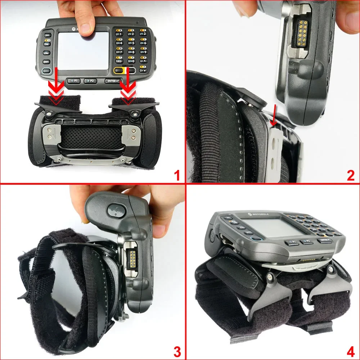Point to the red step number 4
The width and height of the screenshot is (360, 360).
(x=351, y=351)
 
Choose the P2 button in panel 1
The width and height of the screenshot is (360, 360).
(x=91, y=81)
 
